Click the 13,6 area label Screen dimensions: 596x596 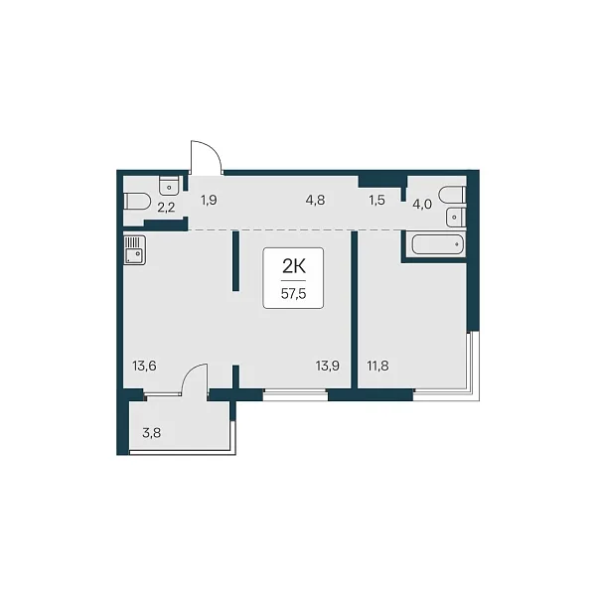point(144,367)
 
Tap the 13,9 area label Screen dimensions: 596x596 point(328,367)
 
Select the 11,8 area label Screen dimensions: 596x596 point(377,367)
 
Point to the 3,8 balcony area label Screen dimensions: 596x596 point(152,432)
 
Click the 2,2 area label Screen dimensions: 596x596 point(166,208)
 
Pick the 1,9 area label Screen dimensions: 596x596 point(209,200)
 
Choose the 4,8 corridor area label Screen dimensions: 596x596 point(316,200)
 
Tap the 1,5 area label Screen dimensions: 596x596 point(377,200)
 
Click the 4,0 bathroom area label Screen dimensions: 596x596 point(422,205)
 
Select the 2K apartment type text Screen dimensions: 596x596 point(294,267)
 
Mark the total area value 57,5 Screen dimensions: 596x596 point(293,294)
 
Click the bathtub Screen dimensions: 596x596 point(438,244)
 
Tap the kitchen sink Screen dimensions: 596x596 point(134,249)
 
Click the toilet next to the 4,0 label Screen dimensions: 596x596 point(452,195)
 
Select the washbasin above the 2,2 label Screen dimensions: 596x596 point(170,185)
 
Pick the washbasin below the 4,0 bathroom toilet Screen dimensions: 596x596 point(456,217)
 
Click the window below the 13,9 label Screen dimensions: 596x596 point(295,395)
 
